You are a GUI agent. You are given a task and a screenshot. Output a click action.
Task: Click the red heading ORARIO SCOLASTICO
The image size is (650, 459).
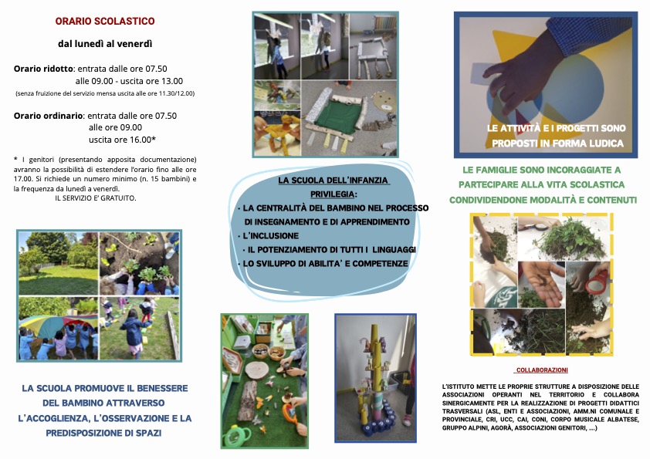click(105, 21)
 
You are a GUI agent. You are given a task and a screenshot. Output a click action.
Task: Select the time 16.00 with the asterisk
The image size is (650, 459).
click(143, 140)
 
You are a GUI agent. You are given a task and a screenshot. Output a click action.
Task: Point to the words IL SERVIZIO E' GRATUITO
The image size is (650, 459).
click(96, 198)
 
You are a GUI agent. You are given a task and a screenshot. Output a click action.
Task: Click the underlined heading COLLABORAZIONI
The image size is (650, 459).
click(542, 370)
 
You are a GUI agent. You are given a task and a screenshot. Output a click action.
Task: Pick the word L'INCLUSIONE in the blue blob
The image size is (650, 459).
click(270, 236)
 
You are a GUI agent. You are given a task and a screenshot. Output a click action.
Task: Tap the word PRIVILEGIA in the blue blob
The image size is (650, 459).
click(333, 194)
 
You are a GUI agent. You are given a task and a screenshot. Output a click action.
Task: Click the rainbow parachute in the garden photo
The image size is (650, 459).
click(58, 322)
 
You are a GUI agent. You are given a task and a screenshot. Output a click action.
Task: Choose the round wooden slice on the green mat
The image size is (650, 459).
click(257, 369)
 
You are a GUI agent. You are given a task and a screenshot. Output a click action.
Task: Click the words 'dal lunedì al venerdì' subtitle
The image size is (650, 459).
click(105, 43)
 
